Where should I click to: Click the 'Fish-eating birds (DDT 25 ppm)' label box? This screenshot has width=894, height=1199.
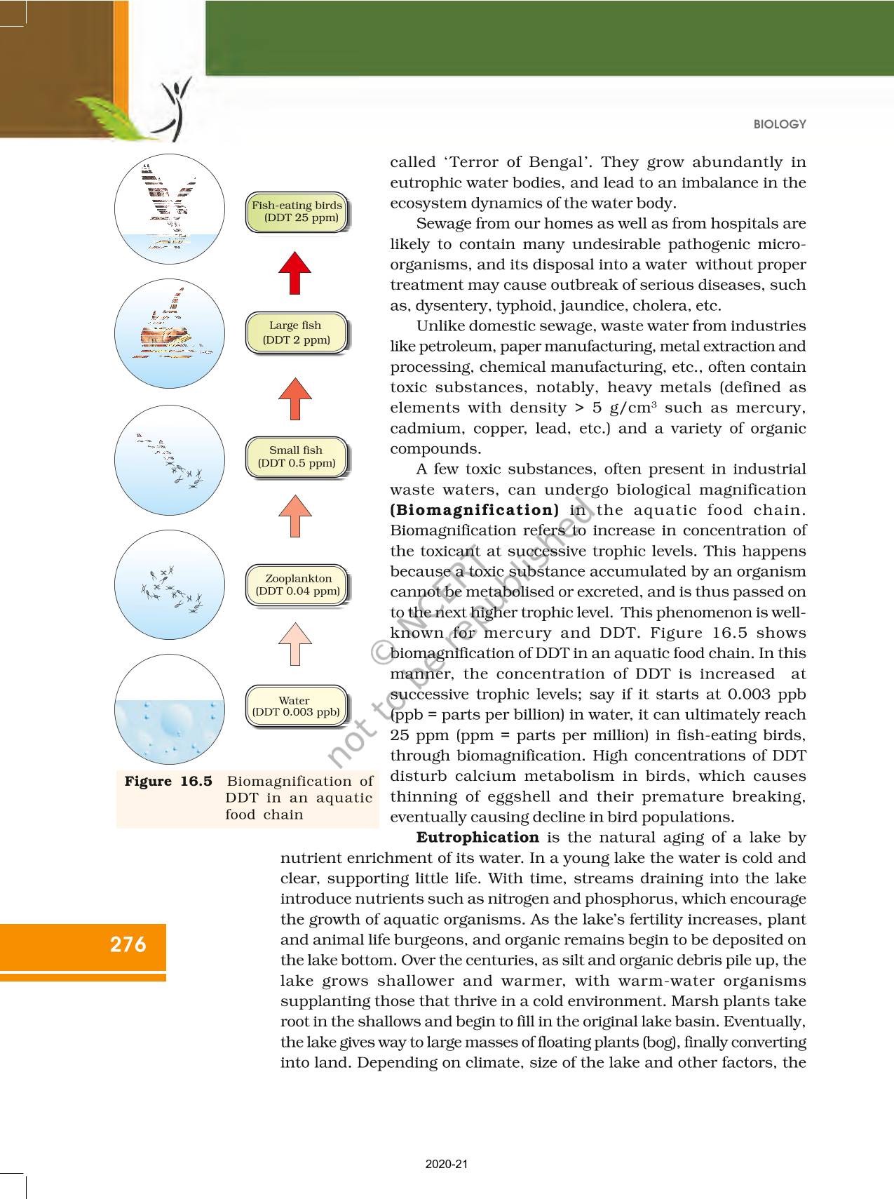297,212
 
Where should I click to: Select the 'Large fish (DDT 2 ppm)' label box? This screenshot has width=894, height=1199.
296,333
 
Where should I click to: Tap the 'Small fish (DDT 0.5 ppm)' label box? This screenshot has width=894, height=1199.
296,457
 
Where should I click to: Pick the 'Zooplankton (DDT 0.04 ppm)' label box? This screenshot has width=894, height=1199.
297,584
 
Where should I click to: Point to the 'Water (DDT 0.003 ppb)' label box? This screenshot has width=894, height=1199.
296,706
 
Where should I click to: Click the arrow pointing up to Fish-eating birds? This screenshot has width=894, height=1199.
295,273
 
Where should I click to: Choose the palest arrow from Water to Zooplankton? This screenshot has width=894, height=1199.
295,643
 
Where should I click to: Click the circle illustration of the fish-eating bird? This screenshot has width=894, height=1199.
170,209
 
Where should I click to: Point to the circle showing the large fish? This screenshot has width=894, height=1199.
170,334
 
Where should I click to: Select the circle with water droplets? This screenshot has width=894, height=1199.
170,709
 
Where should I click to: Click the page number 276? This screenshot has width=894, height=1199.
128,944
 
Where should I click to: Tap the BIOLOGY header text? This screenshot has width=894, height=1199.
780,124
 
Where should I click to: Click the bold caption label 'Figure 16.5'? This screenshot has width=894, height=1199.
168,782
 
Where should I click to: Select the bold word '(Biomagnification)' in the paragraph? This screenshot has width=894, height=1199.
475,510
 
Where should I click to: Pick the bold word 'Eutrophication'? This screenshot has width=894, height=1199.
478,838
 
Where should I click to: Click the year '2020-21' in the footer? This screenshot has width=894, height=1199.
447,1164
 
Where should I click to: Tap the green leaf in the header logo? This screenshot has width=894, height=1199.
112,116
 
